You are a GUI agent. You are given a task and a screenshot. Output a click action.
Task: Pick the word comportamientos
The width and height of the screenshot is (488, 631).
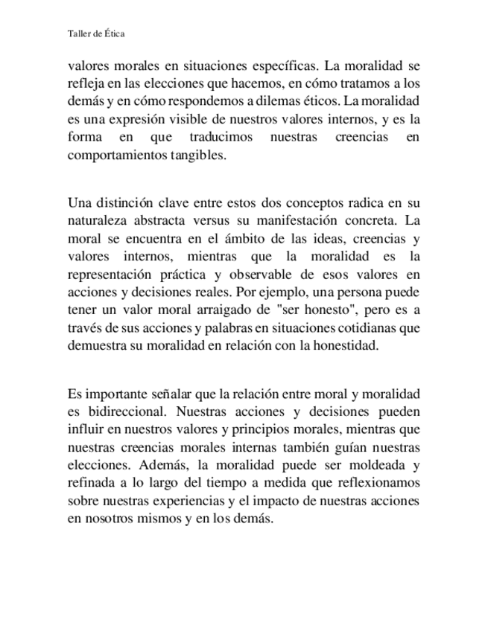(x=113, y=156)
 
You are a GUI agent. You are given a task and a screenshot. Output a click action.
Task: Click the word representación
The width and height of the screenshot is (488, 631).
(x=112, y=275)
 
